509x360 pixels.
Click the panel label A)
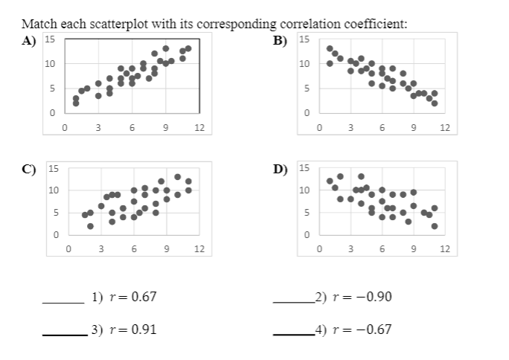tap(29, 41)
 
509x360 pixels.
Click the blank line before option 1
tap(63, 302)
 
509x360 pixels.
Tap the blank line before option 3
tap(63, 334)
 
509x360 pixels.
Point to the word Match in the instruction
tap(38, 24)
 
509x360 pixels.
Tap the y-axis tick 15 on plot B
tap(304, 39)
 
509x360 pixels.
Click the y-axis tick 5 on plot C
tap(54, 213)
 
